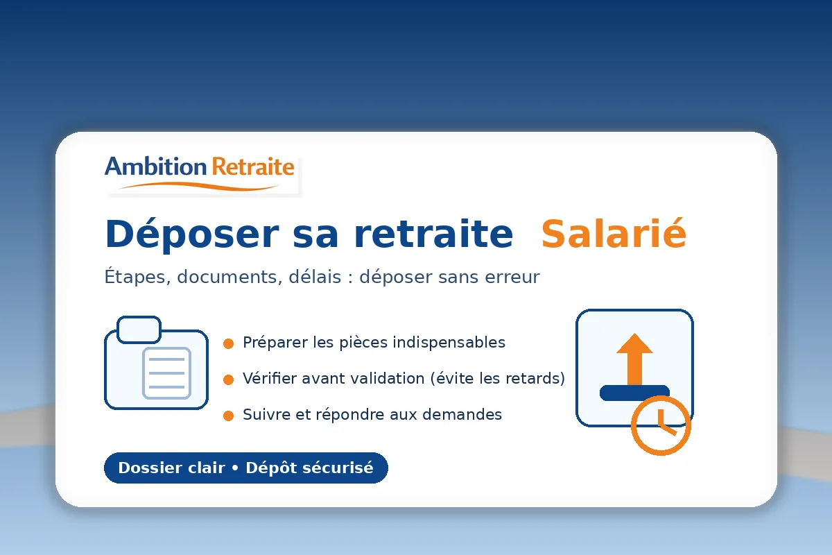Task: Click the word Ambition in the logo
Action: (155, 167)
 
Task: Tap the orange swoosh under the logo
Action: (201, 185)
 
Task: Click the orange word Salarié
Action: (614, 234)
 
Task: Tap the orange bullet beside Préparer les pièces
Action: (228, 343)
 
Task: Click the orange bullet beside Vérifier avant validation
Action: (228, 379)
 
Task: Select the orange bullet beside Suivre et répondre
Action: (228, 416)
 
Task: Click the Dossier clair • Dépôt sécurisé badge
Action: (245, 468)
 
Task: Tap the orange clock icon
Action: (661, 425)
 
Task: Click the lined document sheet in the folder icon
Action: (166, 373)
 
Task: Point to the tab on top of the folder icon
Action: (139, 330)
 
